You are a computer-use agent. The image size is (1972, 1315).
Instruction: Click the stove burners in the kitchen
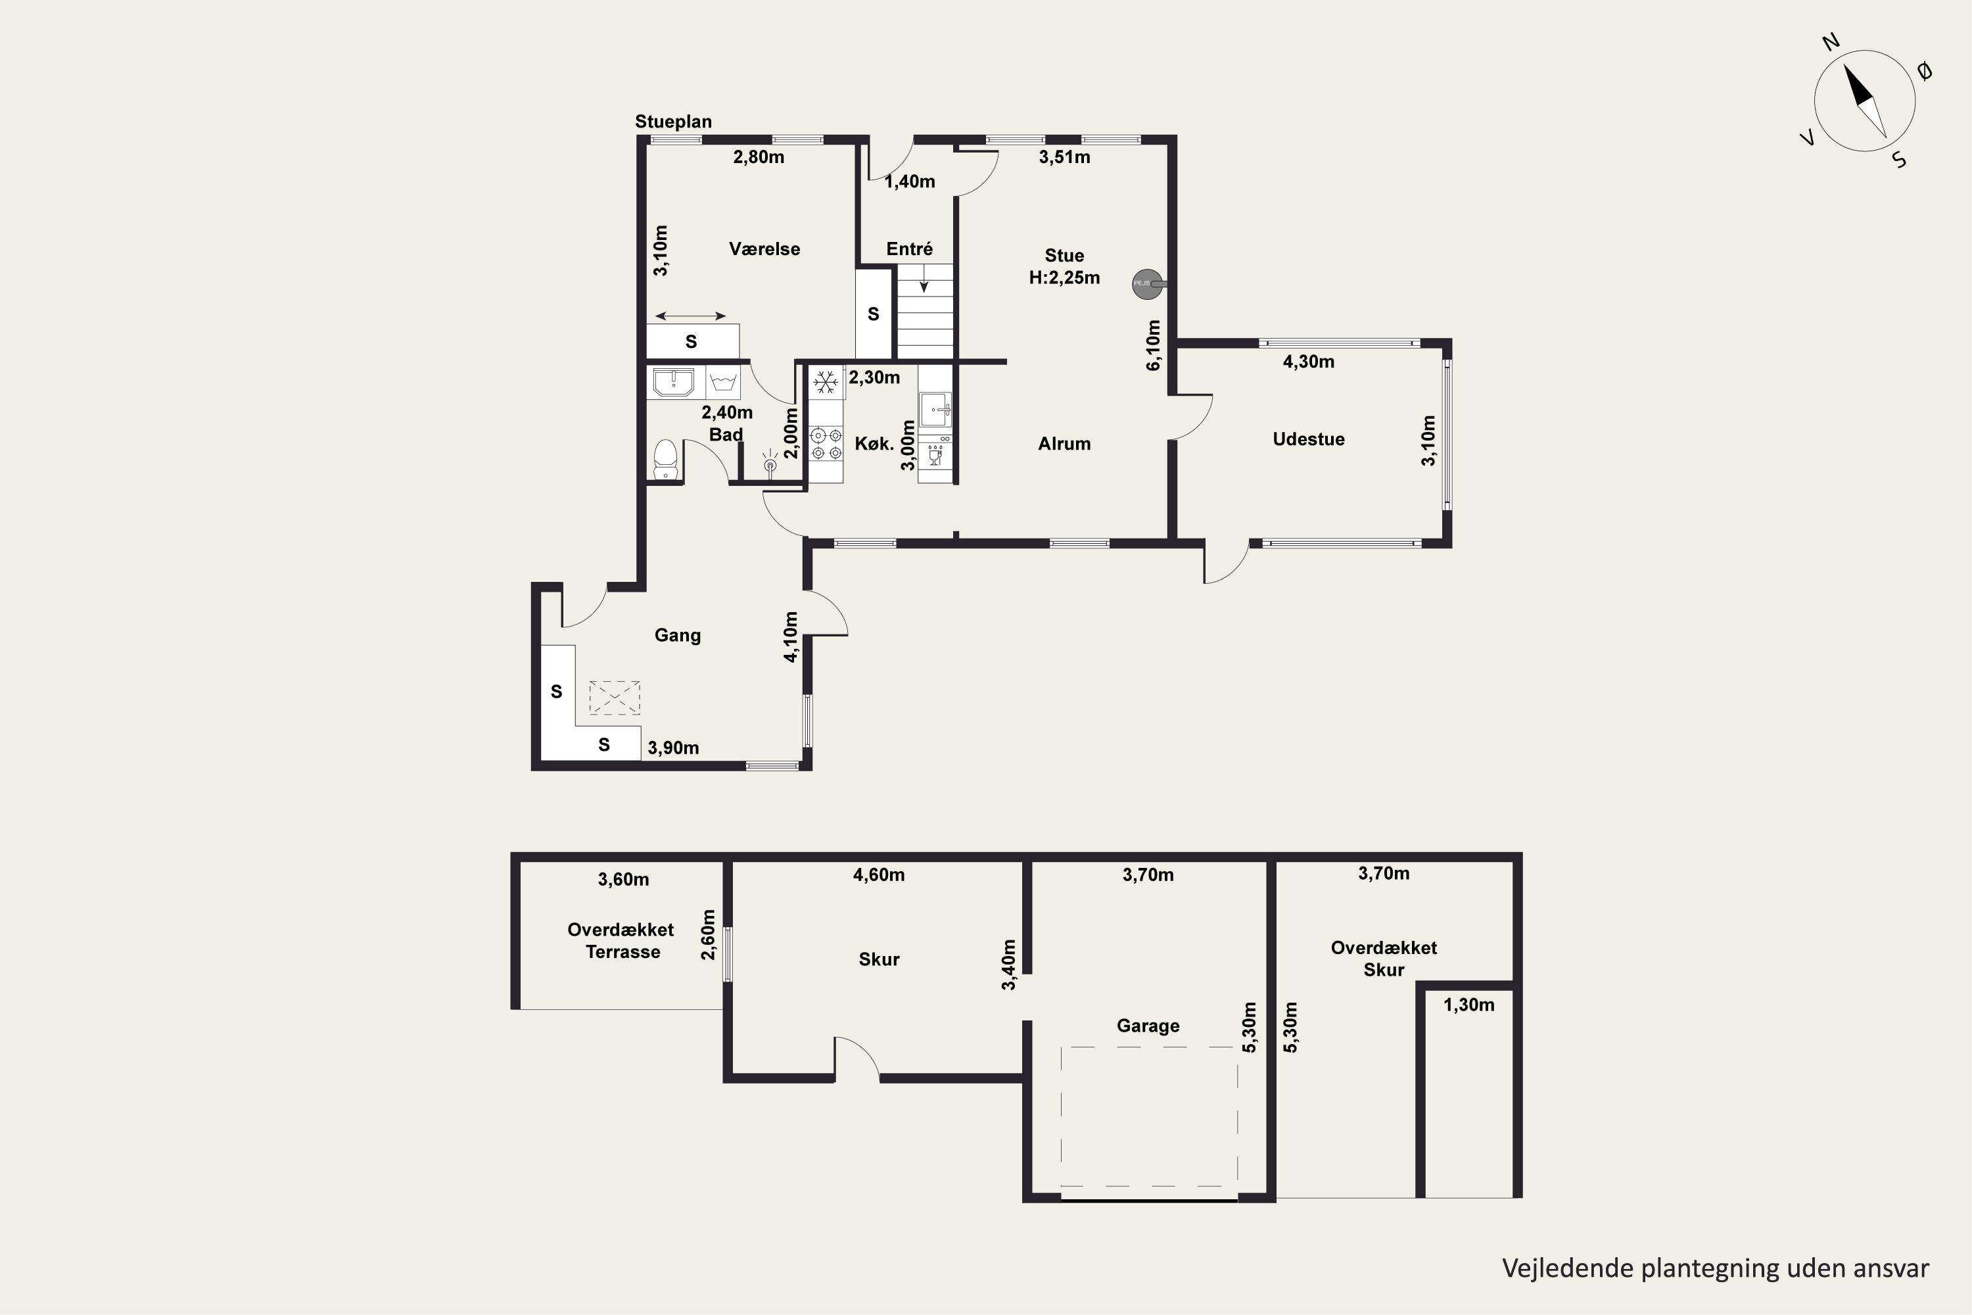click(x=826, y=444)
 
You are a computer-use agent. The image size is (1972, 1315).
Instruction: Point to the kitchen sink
click(x=935, y=409)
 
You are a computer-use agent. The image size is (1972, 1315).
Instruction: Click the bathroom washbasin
click(x=673, y=383)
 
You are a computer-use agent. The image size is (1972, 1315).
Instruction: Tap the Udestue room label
click(x=1308, y=439)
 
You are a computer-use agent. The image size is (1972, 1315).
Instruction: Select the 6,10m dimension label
click(x=1154, y=345)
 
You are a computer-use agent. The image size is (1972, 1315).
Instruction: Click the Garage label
click(x=1148, y=1026)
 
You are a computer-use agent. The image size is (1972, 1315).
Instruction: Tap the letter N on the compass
click(x=1831, y=65)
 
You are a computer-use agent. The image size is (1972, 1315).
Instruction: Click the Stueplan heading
click(x=673, y=122)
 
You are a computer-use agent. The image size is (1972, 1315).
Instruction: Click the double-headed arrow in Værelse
click(x=691, y=316)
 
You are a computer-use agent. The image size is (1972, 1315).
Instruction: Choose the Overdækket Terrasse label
click(x=621, y=941)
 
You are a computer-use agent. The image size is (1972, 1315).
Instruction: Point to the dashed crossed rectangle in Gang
click(x=615, y=698)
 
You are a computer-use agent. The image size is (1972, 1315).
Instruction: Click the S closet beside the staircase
click(x=874, y=314)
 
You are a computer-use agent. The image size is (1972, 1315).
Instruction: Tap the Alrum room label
click(x=1064, y=444)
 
